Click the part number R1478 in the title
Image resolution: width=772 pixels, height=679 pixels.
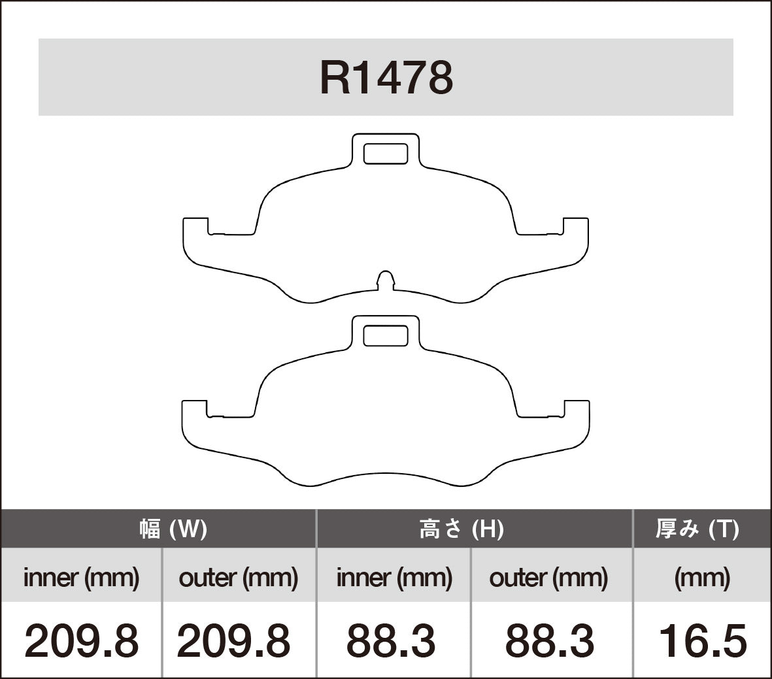(386, 78)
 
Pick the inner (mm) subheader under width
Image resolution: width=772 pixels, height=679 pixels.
(81, 577)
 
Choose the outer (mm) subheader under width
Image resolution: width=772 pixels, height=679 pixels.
(238, 577)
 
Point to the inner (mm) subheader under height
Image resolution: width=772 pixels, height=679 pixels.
(394, 577)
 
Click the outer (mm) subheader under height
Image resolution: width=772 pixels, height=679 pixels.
(548, 577)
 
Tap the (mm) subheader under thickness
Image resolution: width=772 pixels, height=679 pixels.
(702, 577)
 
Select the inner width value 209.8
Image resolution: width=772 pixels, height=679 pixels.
(81, 640)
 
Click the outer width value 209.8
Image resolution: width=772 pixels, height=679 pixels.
(233, 640)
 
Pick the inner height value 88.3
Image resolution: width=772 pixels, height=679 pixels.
(391, 640)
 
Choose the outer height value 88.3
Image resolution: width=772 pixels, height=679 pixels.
(550, 640)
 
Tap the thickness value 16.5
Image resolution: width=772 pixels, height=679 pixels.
(702, 640)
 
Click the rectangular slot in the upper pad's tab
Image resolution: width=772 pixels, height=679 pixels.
(385, 153)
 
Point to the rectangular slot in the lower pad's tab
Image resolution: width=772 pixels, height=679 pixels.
(385, 335)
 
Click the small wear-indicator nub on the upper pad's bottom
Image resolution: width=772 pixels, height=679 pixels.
(386, 279)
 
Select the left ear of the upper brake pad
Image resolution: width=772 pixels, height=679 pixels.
(195, 240)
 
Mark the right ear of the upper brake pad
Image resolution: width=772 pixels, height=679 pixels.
(575, 240)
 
